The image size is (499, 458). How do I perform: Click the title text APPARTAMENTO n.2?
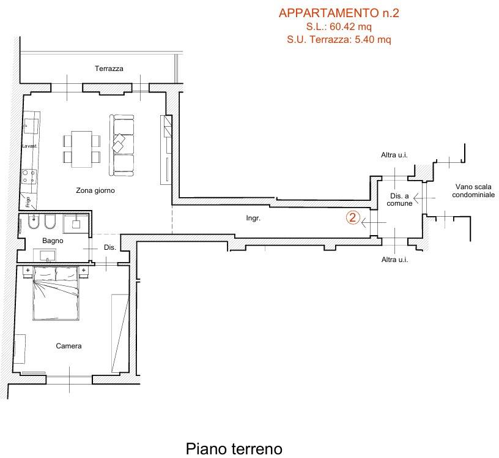click(x=338, y=13)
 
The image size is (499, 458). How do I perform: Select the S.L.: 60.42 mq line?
click(x=339, y=27)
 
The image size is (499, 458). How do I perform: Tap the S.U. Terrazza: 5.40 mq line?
click(x=339, y=40)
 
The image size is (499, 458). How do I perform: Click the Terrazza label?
click(x=109, y=69)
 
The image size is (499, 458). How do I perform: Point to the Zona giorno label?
click(x=95, y=190)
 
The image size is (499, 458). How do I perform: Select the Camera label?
click(x=68, y=346)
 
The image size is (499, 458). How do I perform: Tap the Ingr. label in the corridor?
click(x=253, y=218)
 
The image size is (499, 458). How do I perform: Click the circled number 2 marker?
click(x=352, y=217)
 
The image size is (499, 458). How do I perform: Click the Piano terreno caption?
click(x=234, y=449)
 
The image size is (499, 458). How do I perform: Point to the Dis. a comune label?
click(x=400, y=199)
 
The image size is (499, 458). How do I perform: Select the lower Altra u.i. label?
click(x=394, y=260)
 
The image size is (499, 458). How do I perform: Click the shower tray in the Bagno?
click(x=76, y=223)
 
